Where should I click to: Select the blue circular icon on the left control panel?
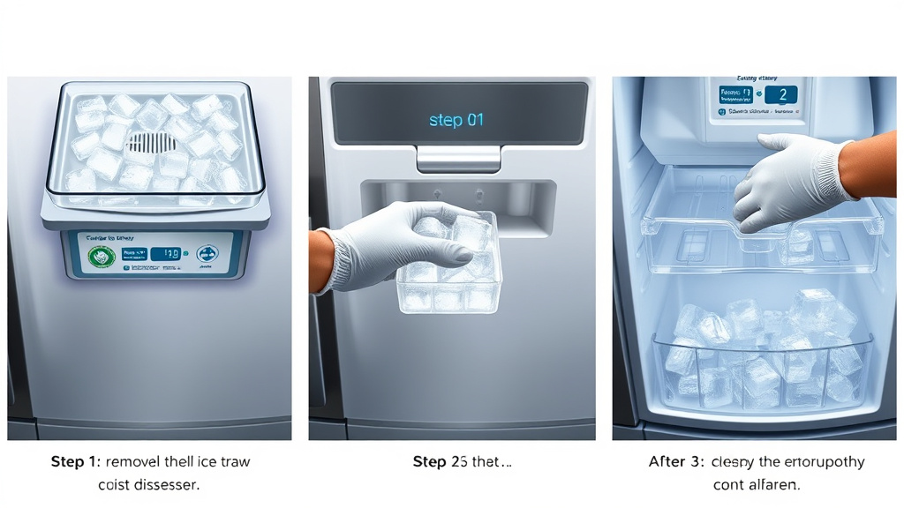click(x=208, y=255)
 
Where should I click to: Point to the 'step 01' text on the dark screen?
click(x=456, y=120)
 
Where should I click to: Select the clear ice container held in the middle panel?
click(x=450, y=273)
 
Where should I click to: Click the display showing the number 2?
click(x=780, y=95)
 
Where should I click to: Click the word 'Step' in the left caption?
click(x=67, y=461)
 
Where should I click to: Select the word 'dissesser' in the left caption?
click(x=168, y=484)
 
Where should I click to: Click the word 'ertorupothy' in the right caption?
click(x=817, y=461)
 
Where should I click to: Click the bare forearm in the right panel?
click(x=870, y=163)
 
